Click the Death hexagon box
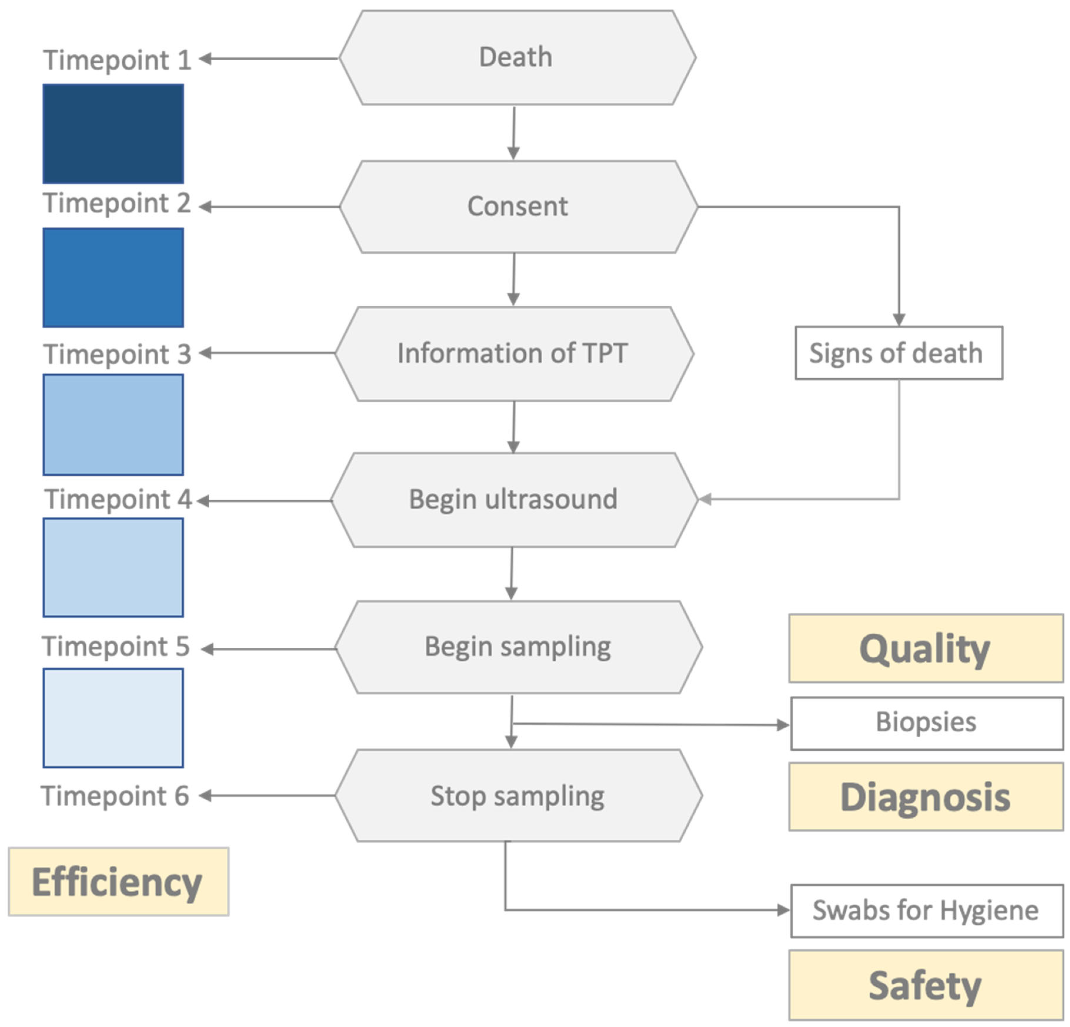coord(516,57)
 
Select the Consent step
coord(518,206)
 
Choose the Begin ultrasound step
coord(513,499)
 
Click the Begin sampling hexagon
coord(518,647)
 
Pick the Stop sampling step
coord(518,796)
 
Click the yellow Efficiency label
coord(118,881)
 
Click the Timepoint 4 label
coord(118,499)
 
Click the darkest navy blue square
coord(113,134)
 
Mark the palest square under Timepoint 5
coord(113,717)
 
